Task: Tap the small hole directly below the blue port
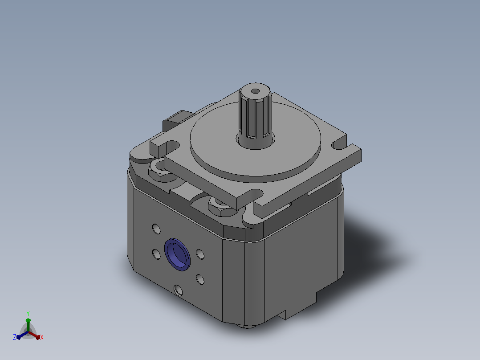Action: (x=178, y=290)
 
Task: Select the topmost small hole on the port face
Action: (x=156, y=229)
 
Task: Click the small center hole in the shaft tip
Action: (x=255, y=91)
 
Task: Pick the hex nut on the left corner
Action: (x=161, y=172)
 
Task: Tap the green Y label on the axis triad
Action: (x=28, y=313)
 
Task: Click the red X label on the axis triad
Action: (x=42, y=337)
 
